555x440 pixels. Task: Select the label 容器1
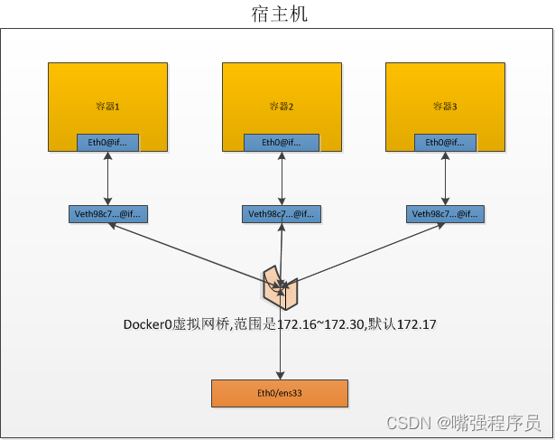tap(107, 107)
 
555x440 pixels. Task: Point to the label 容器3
tap(445, 107)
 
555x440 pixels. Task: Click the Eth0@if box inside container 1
tap(107, 142)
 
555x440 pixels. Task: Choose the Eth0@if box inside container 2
tap(282, 142)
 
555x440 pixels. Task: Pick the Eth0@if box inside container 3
tap(445, 142)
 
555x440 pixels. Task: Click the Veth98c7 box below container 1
tap(107, 214)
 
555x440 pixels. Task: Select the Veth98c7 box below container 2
tap(282, 214)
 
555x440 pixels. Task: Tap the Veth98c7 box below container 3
tap(445, 214)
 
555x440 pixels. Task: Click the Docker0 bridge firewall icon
tap(282, 286)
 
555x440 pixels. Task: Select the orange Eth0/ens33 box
tap(279, 393)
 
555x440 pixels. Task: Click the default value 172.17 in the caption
tap(419, 323)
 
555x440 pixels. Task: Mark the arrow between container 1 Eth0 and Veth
tap(107, 178)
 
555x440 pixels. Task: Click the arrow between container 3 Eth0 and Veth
tap(445, 178)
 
